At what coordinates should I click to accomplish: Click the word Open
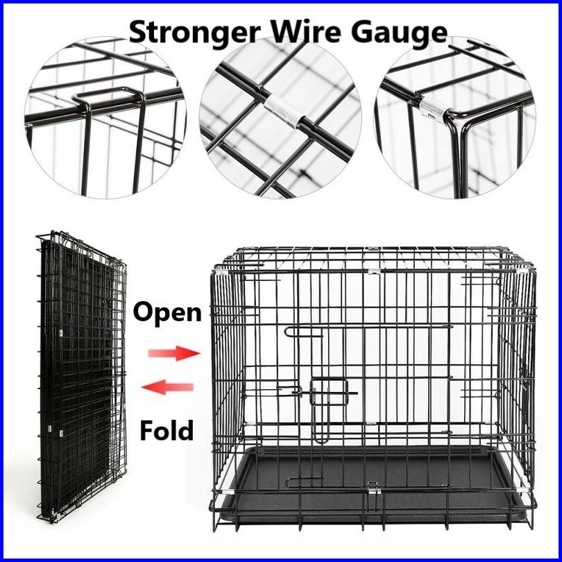pos(167,313)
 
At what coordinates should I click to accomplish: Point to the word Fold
pos(167,431)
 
